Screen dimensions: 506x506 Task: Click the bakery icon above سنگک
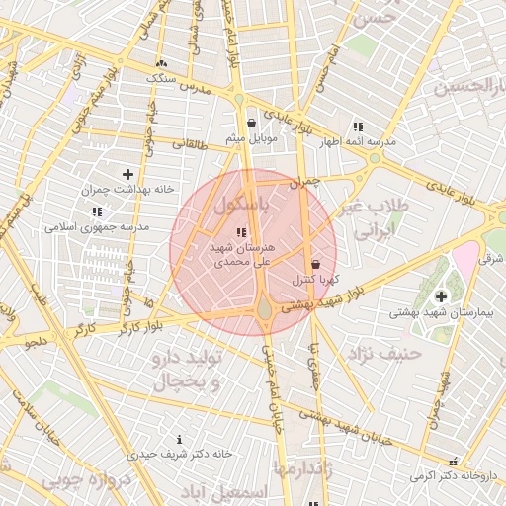point(162,63)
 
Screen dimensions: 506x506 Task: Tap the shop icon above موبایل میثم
point(252,124)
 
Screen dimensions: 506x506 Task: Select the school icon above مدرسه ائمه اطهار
point(358,126)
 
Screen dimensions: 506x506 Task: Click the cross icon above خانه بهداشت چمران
point(127,174)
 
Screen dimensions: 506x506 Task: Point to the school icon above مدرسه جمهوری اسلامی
point(97,211)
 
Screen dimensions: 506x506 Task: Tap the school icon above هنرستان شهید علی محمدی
point(242,231)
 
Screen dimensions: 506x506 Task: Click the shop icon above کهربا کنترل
point(315,265)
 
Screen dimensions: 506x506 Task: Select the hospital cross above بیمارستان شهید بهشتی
point(440,296)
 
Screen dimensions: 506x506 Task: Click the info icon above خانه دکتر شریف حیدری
point(179,439)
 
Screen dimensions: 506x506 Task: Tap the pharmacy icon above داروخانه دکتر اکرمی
point(454,461)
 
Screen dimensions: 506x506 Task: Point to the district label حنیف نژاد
point(383,353)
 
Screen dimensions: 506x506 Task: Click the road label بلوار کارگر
point(110,326)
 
